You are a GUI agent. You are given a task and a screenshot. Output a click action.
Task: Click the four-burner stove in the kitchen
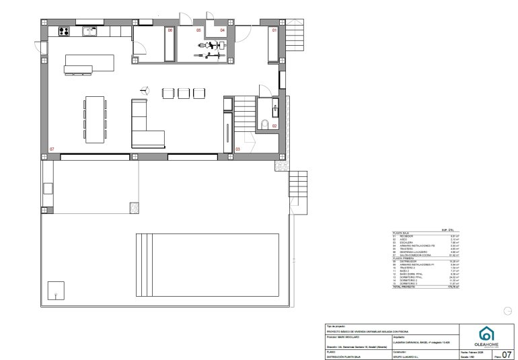(65, 30)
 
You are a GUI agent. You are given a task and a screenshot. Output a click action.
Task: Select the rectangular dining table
(95, 119)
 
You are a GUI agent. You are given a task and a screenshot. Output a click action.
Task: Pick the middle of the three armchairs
(184, 94)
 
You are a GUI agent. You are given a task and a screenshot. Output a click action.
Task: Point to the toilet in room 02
(266, 124)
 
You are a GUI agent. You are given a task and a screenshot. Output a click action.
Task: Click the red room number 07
(52, 148)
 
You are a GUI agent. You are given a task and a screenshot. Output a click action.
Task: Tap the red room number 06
(170, 31)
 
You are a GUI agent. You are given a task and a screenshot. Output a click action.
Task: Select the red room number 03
(238, 148)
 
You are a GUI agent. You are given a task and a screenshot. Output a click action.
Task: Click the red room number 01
(274, 31)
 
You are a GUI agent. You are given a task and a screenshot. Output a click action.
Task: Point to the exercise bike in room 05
(211, 46)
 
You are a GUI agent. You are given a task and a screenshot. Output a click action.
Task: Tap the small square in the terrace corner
(56, 291)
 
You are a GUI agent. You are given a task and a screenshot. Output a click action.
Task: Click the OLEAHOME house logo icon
(485, 334)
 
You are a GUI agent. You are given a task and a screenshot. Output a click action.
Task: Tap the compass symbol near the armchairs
(143, 89)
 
